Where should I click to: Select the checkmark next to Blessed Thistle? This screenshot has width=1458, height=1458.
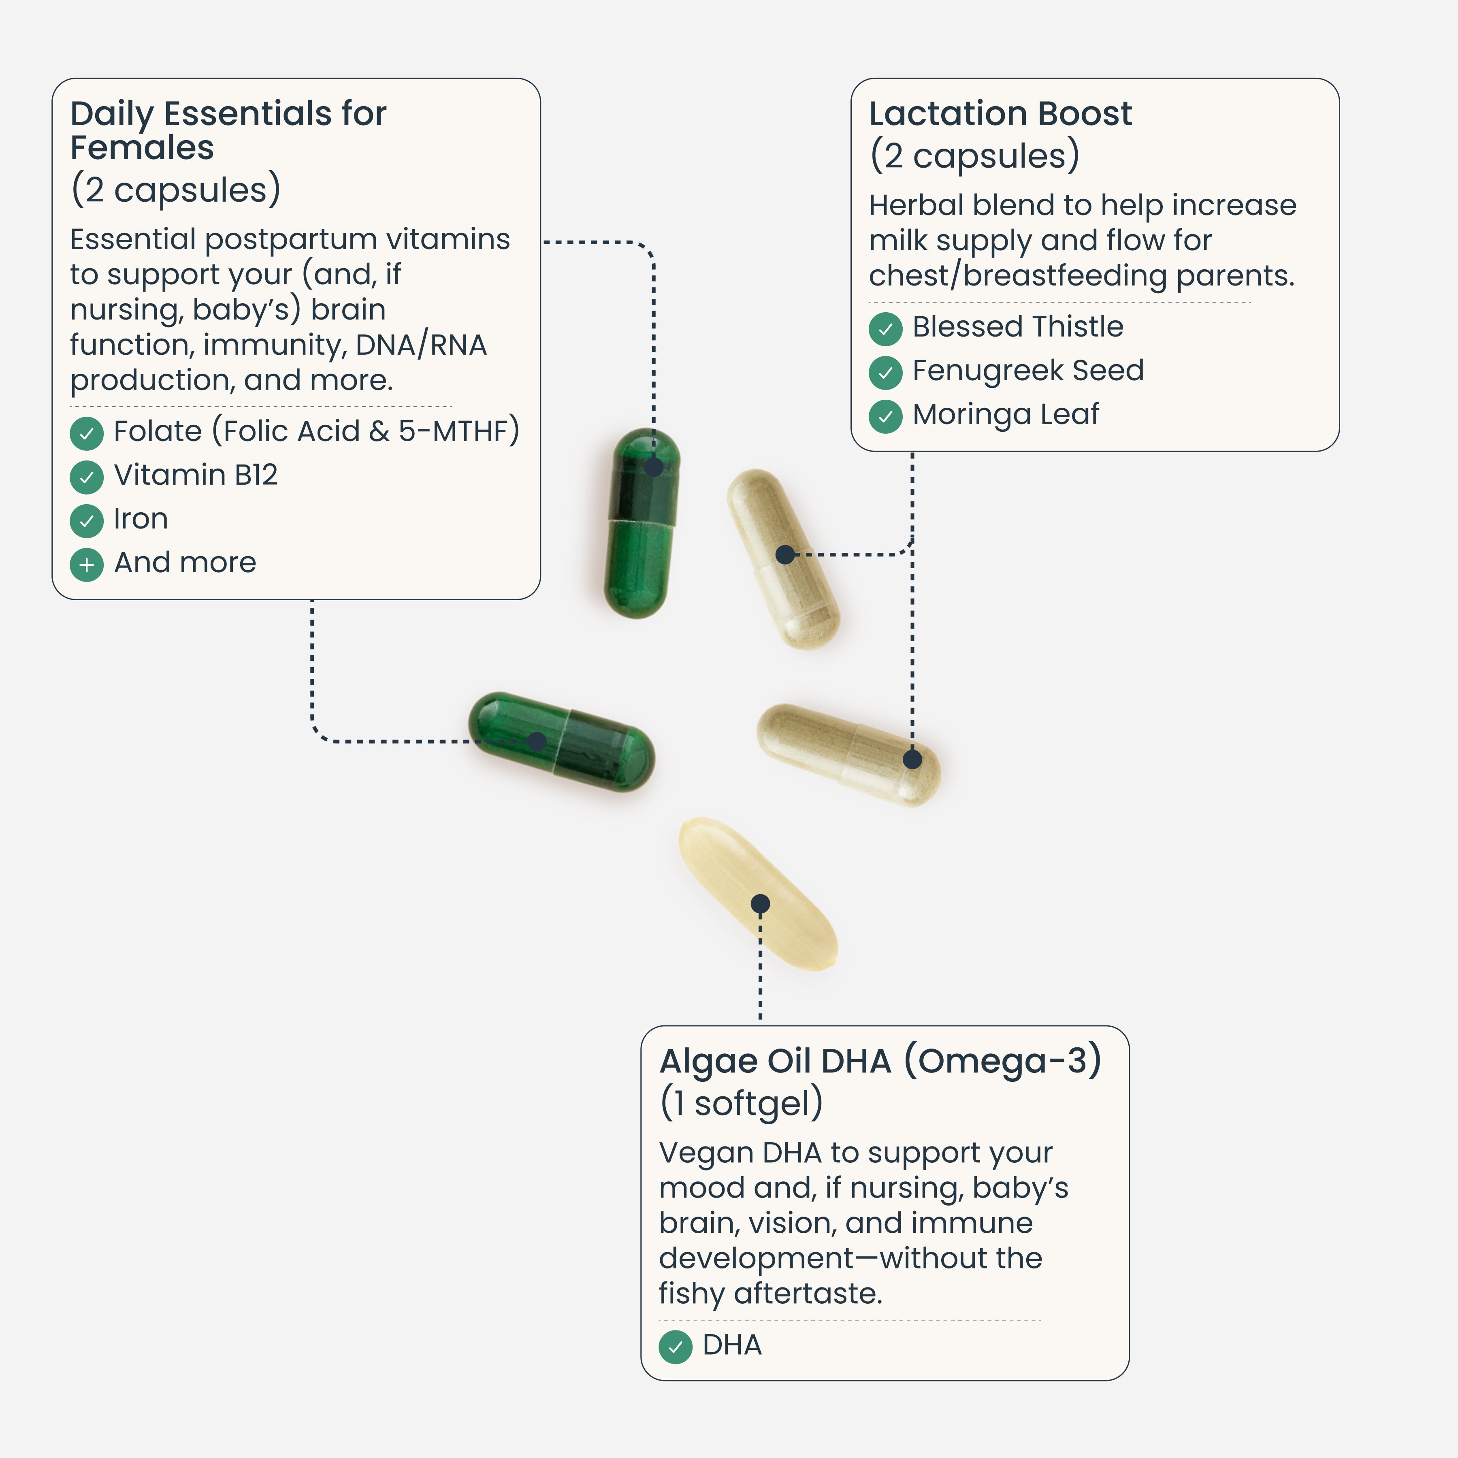coord(885,328)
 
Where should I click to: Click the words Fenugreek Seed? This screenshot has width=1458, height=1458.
coord(1028,371)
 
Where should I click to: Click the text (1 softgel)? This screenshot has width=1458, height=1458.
coord(741,1103)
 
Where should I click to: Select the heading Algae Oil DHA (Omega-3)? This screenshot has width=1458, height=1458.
coord(880,1061)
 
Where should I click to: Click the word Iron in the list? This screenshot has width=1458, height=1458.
coord(141,519)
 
